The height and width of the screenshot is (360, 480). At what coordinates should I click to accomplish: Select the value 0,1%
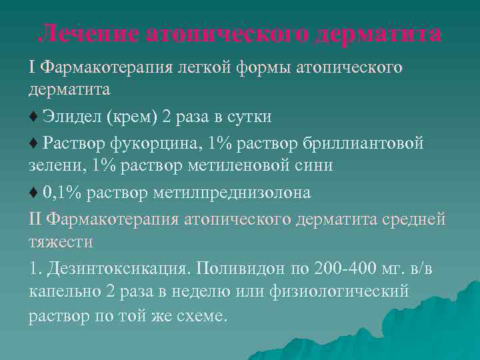coord(62,193)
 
